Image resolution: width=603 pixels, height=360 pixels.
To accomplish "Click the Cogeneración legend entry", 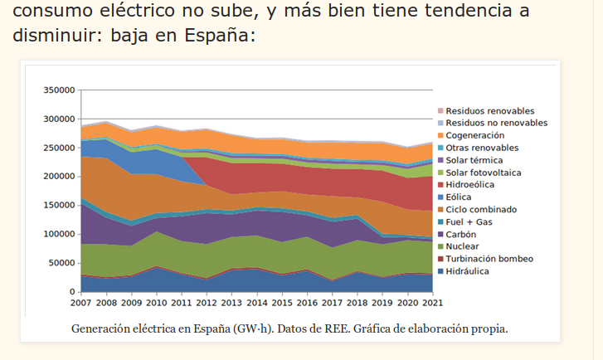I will coord(474,135).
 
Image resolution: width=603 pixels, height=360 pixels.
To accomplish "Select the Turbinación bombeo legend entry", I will coord(489,259).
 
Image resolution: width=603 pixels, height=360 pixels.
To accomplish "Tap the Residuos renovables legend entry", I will coord(489,110).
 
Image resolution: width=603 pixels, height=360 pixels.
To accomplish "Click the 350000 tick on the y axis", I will coord(59,90).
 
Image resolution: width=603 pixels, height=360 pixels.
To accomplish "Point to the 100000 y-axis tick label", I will coord(59,234).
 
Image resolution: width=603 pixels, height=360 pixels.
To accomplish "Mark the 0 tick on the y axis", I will coord(71,292).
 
